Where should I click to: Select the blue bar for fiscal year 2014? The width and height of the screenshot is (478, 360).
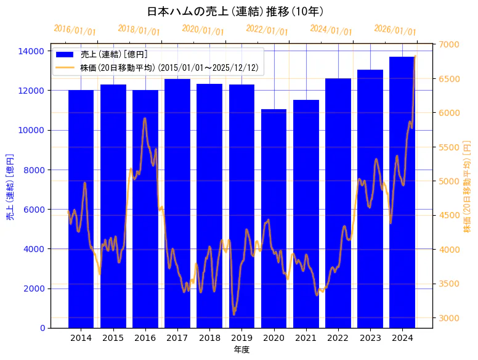[81, 210]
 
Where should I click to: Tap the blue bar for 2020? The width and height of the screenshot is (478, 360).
[273, 219]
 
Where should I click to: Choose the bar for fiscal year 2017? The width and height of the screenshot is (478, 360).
[177, 203]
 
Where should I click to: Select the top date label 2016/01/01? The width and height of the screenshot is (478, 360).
[75, 30]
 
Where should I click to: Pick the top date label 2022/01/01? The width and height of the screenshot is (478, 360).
[267, 30]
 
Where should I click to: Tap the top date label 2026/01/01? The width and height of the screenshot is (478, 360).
[395, 30]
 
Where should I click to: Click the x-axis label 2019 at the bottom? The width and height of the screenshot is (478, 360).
[241, 338]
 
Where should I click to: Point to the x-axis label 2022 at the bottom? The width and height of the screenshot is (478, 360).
[338, 338]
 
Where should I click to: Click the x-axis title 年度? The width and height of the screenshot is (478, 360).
[241, 350]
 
